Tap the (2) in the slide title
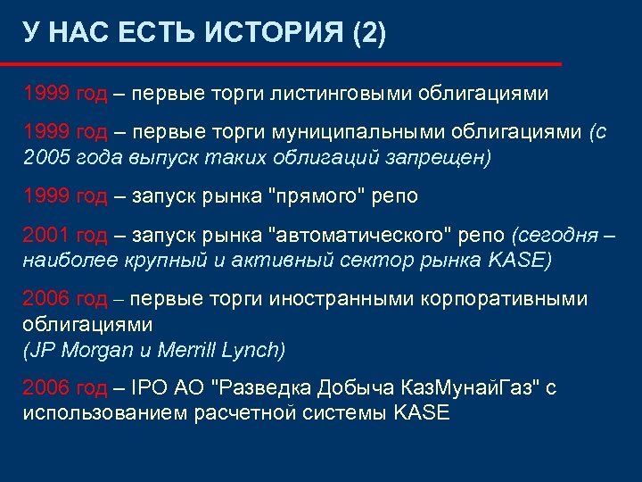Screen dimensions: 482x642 click(x=370, y=35)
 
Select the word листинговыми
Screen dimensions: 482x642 click(x=322, y=94)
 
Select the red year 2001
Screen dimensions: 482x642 click(x=47, y=237)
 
